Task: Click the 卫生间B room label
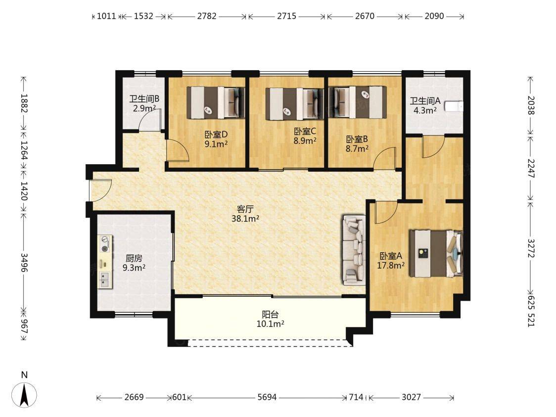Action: [x=144, y=99]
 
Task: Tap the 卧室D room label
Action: [x=216, y=135]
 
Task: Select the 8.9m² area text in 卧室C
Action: [x=305, y=141]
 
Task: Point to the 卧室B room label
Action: [x=357, y=139]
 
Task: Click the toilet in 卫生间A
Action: [x=454, y=106]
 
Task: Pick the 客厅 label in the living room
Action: [x=245, y=209]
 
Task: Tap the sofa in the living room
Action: [x=354, y=250]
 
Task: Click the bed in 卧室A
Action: [x=436, y=254]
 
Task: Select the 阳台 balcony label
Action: [x=270, y=314]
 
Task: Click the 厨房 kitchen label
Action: [x=134, y=258]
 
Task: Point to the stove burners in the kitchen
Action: [x=105, y=244]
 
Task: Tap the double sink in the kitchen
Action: [x=104, y=279]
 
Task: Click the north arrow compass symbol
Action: [x=24, y=394]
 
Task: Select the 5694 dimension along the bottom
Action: [x=267, y=397]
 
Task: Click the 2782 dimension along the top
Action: [x=207, y=16]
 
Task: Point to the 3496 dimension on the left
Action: [x=24, y=263]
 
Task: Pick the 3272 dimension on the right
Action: [x=530, y=248]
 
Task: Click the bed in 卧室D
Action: [x=216, y=103]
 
